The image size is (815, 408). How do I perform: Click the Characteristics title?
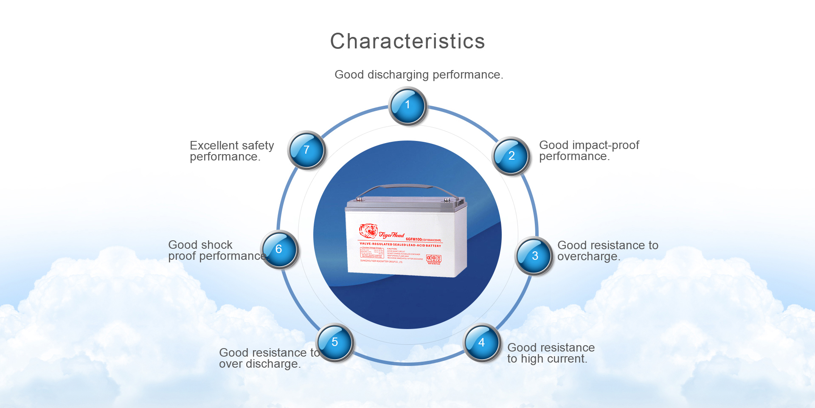point(407,42)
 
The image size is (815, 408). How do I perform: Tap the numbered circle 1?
point(407,106)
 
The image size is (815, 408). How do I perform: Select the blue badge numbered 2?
point(511,156)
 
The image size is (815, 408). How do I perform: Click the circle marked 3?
point(534,256)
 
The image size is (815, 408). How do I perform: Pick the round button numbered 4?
point(482,342)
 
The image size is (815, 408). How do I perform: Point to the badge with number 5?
point(335,342)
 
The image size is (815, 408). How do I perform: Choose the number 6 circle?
point(279,249)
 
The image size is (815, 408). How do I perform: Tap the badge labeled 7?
point(306,150)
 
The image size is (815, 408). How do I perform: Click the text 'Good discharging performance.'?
point(419,75)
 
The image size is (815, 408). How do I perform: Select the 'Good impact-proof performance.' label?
point(589,151)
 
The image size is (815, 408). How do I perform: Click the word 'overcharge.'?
point(588,256)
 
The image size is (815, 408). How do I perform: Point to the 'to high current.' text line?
point(547,359)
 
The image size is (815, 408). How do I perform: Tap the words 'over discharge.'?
point(259,364)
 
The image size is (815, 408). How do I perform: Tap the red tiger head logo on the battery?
point(368,231)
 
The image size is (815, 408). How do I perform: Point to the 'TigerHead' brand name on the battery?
point(391,235)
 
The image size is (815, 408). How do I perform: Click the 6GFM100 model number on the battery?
point(414,239)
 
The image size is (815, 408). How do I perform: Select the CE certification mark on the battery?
point(429,258)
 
